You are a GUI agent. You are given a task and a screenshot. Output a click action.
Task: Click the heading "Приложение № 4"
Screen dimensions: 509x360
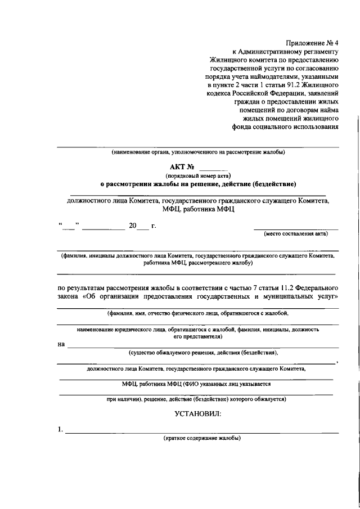[312, 43]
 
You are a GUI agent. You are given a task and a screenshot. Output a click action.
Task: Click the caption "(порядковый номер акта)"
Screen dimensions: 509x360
[197, 175]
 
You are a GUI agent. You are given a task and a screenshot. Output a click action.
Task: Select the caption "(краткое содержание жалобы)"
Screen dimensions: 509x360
[202, 438]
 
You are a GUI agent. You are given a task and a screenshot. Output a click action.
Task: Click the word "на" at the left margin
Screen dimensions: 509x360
[61, 344]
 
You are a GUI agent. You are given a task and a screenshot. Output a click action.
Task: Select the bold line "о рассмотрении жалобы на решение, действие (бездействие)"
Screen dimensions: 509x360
[198, 183]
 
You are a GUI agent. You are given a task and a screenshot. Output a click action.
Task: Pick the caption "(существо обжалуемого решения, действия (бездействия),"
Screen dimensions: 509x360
[203, 353]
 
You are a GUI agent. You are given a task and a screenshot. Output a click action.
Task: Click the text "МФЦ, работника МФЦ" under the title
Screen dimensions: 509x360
[197, 209]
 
